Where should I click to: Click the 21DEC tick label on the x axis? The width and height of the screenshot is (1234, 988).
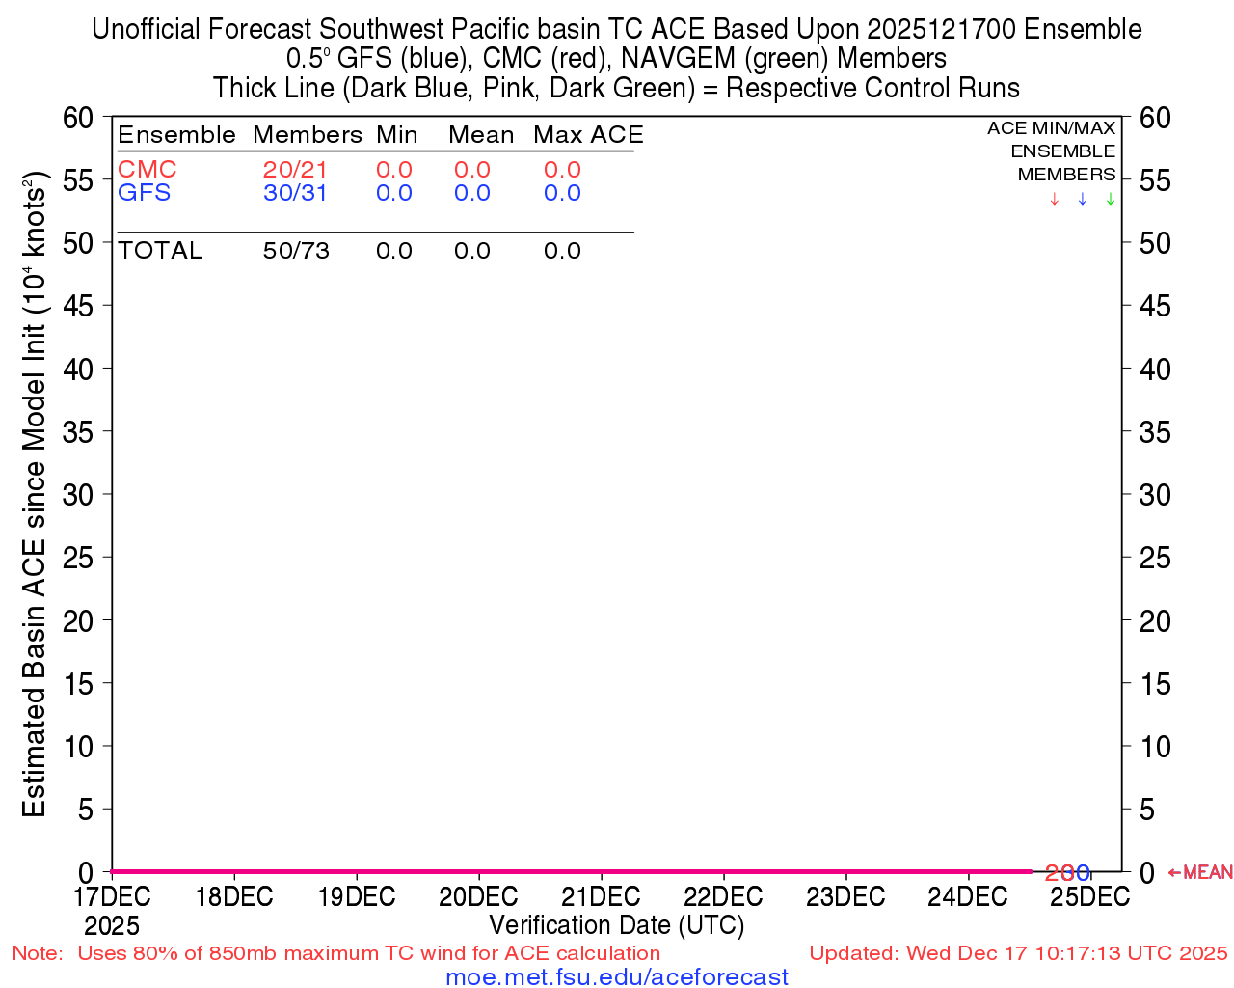point(601,896)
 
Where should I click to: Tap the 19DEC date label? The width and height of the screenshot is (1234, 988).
point(357,896)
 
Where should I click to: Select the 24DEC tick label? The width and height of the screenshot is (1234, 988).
point(967,896)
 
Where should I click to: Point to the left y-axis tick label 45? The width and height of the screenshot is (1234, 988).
point(78,306)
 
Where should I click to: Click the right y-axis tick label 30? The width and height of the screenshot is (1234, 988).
point(1155,495)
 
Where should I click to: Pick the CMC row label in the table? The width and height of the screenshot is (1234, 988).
point(147,170)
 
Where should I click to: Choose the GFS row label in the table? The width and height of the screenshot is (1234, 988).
point(144,193)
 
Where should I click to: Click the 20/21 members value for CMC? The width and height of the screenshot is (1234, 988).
point(295,170)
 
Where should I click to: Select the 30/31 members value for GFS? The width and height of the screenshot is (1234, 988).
point(295,193)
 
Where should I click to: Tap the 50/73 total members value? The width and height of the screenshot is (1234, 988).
point(296,251)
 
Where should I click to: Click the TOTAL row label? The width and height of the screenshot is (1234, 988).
point(160,251)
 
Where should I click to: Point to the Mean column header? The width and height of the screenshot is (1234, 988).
point(480,135)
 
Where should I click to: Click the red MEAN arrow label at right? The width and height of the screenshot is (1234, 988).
point(1200,872)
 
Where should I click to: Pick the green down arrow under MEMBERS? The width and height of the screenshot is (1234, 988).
point(1111,199)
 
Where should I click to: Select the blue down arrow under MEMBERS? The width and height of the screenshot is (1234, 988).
point(1082,199)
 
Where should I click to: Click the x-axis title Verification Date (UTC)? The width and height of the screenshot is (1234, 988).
point(617,925)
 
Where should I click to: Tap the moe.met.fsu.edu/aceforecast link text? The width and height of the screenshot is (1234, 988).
point(617,976)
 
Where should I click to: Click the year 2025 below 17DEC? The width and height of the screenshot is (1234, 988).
point(112,926)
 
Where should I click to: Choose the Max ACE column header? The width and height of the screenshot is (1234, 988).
point(588,135)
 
